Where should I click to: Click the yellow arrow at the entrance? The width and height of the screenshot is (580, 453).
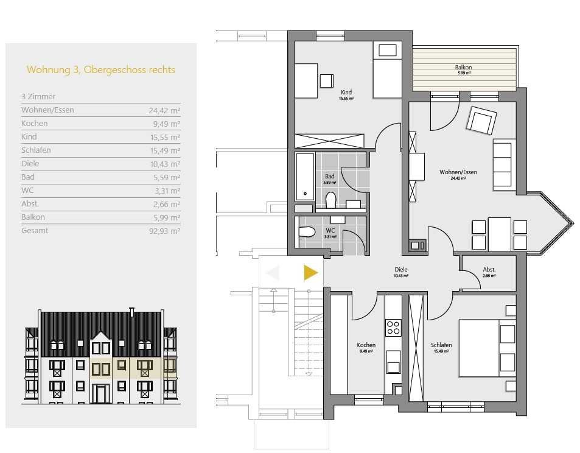pyautogui.click(x=310, y=273)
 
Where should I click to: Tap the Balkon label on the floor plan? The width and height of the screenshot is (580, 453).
pyautogui.click(x=463, y=68)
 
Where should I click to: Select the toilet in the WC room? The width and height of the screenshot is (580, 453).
pyautogui.click(x=307, y=233)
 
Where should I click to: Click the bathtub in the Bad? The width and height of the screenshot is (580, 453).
pyautogui.click(x=305, y=177)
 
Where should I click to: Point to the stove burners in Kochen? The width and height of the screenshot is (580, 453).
pyautogui.click(x=393, y=328)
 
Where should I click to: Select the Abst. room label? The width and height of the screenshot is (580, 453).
pyautogui.click(x=489, y=270)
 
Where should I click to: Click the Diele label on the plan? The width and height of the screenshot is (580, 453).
pyautogui.click(x=401, y=270)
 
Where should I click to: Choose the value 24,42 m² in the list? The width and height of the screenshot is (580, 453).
pyautogui.click(x=164, y=110)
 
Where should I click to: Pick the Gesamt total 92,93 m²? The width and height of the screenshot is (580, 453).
pyautogui.click(x=164, y=231)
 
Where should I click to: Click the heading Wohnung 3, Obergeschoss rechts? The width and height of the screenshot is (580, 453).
pyautogui.click(x=100, y=70)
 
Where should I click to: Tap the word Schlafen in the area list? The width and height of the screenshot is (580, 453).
pyautogui.click(x=37, y=150)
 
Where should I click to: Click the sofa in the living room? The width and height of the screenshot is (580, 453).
pyautogui.click(x=504, y=164)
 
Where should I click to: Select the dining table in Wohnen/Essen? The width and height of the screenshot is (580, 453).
pyautogui.click(x=500, y=234)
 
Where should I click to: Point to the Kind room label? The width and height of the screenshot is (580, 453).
pyautogui.click(x=346, y=92)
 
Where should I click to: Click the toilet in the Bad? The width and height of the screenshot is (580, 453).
pyautogui.click(x=330, y=200)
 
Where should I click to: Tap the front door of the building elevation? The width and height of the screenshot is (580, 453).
pyautogui.click(x=100, y=394)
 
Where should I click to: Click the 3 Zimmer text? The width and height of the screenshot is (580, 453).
pyautogui.click(x=38, y=97)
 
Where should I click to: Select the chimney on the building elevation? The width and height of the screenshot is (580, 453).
pyautogui.click(x=131, y=312)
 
